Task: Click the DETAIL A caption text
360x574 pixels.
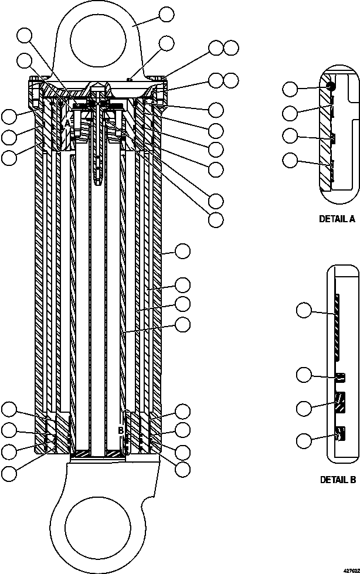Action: (x=337, y=219)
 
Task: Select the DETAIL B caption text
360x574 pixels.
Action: (x=338, y=480)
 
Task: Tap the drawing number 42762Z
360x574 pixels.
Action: (x=347, y=569)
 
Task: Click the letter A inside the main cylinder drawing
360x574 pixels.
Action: (x=67, y=124)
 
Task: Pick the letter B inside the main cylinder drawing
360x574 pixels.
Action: (x=121, y=430)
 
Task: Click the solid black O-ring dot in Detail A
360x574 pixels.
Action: (x=331, y=86)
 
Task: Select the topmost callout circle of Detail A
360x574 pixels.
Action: (x=290, y=89)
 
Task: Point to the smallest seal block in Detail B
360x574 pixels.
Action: (x=339, y=376)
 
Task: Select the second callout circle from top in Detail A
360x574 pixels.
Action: (x=290, y=113)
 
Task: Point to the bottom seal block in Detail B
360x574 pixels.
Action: (x=339, y=435)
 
